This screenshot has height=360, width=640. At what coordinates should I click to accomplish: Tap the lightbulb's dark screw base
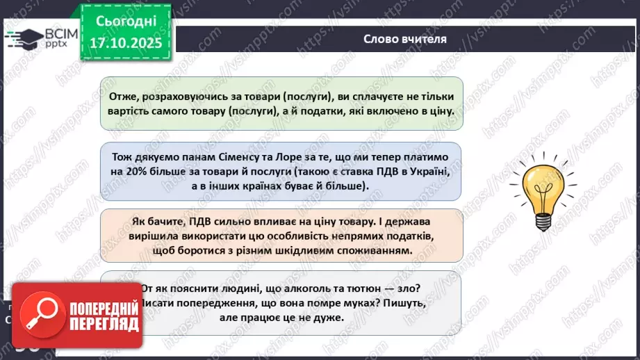[x=543, y=222]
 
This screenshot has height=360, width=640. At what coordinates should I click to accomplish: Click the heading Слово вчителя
[x=405, y=39]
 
